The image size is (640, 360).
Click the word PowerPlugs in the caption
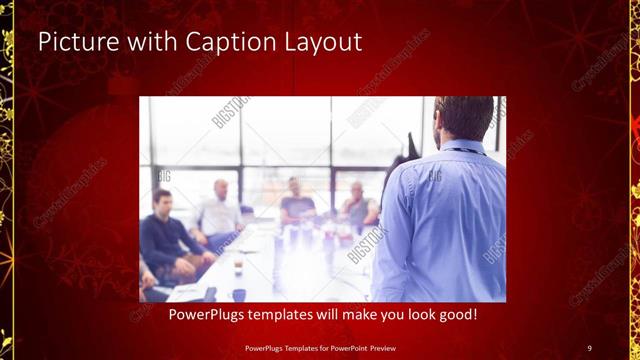[207, 315]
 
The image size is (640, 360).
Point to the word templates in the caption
[291, 315]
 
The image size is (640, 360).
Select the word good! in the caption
[455, 315]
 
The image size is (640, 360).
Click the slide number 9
[589, 346]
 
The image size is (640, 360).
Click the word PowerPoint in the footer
[348, 346]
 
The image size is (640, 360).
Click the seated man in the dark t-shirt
[297, 204]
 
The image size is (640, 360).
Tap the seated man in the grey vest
[358, 207]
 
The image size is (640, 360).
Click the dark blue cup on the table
[239, 295]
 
